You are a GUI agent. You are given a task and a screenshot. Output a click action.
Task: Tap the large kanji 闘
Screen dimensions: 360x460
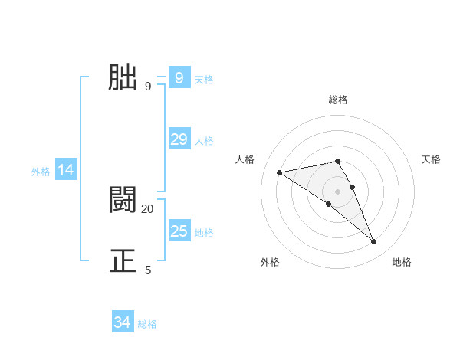(x=123, y=200)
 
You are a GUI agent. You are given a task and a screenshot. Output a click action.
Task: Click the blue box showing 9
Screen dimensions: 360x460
(x=179, y=77)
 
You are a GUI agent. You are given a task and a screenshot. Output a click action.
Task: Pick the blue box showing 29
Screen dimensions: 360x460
(x=179, y=139)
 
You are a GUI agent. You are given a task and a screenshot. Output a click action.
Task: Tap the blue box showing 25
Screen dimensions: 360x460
(x=179, y=231)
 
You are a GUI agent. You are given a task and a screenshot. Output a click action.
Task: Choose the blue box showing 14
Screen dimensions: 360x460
(x=66, y=170)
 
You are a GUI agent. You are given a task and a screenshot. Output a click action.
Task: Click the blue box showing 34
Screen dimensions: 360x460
(x=123, y=322)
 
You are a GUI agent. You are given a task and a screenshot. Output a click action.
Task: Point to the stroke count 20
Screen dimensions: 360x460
(x=148, y=208)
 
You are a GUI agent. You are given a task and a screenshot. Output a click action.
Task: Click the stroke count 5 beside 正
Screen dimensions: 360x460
(x=148, y=270)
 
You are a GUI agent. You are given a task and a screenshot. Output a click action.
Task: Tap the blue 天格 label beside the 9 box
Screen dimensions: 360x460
(x=204, y=79)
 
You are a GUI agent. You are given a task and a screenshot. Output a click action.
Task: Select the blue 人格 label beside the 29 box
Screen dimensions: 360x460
(x=204, y=140)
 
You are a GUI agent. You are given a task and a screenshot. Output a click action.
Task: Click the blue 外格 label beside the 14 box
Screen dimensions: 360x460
(x=41, y=172)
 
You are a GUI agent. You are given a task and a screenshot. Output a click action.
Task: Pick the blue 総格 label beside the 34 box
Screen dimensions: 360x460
(x=148, y=324)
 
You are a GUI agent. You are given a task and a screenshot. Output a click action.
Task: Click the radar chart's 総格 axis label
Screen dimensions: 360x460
(x=337, y=100)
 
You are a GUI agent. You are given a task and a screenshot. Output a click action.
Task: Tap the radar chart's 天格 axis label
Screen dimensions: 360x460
(x=431, y=159)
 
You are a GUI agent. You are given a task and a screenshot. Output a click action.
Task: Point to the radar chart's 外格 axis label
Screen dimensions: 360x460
(x=270, y=262)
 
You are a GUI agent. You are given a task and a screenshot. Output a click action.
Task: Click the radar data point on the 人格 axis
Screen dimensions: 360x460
(x=280, y=172)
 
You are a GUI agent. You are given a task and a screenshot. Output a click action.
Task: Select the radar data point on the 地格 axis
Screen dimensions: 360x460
(x=374, y=242)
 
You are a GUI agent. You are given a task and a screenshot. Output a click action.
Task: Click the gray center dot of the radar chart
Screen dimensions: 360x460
(x=337, y=191)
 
